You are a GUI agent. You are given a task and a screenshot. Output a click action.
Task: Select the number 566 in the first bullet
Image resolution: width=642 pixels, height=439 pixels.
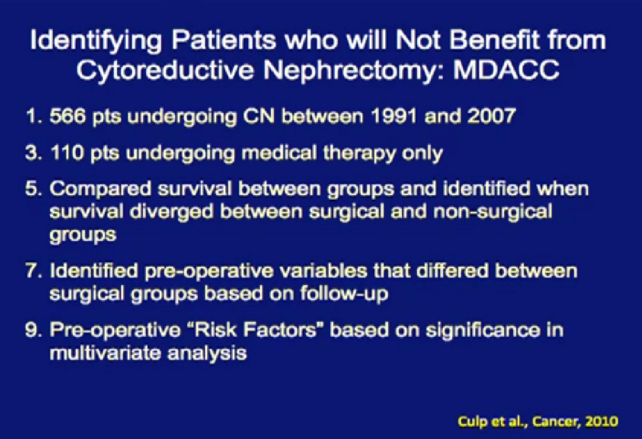pyautogui.click(x=67, y=117)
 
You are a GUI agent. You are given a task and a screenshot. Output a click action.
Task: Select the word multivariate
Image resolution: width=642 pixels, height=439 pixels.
pyautogui.click(x=105, y=353)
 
